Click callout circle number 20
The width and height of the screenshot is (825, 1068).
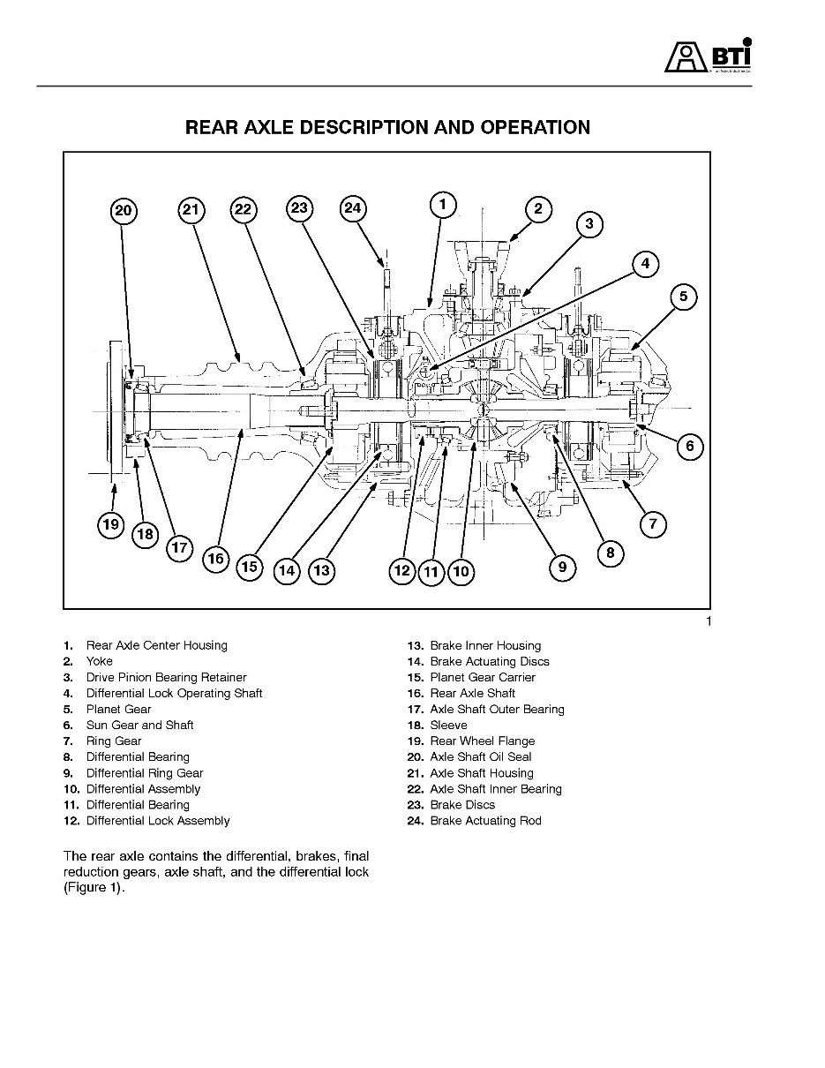pos(124,210)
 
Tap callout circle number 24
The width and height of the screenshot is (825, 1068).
pos(353,208)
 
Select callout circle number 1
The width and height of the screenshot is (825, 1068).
pos(443,205)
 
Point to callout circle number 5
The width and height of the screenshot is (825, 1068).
pos(683,297)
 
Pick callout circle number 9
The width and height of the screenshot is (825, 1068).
pos(563,567)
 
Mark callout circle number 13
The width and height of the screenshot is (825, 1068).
pos(322,571)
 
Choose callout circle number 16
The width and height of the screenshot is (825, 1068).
pos(215,559)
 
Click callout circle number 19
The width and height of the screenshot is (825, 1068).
pos(110,525)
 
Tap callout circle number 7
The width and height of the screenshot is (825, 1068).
pos(652,524)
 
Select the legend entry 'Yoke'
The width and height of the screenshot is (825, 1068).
pos(99,661)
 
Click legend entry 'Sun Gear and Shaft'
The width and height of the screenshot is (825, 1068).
pos(139,725)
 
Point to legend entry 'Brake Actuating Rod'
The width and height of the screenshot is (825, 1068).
pos(485,821)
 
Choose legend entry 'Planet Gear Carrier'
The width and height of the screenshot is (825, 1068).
pos(483,677)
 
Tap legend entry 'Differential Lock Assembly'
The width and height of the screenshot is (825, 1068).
pos(157,821)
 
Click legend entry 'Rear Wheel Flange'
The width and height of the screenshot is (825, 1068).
pos(482,741)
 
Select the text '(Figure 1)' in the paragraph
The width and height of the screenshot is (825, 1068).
pos(94,888)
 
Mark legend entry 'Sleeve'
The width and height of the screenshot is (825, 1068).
pos(448,725)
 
